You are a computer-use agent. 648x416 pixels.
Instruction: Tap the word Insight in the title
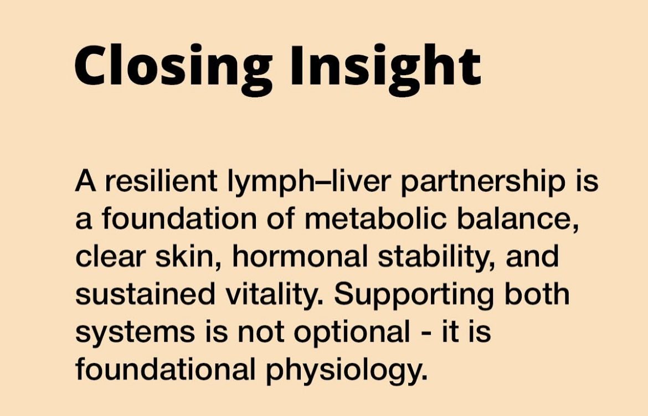[385, 66]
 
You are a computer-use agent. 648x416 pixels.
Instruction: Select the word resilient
[161, 181]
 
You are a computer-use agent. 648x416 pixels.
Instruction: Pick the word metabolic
[376, 219]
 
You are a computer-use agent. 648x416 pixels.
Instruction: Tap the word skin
[189, 257]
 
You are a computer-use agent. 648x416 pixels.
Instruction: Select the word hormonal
[300, 257]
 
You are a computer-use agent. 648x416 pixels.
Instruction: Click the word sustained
[145, 294]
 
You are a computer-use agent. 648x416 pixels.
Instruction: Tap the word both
[537, 294]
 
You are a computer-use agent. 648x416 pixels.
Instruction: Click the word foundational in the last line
[165, 368]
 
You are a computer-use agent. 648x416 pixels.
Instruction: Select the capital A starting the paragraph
[85, 181]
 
